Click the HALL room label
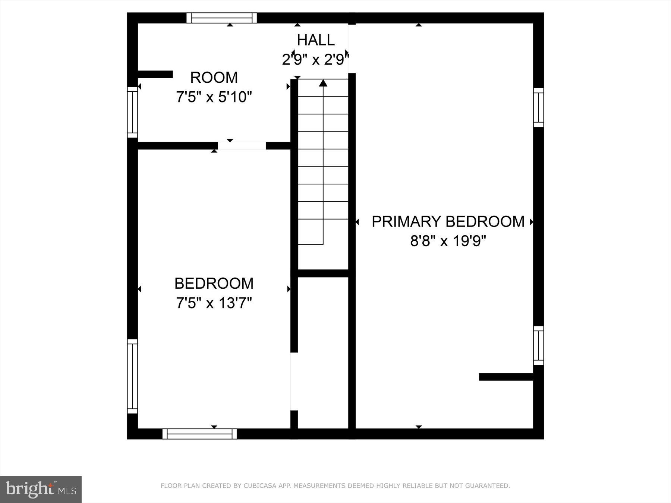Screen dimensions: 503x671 click(x=316, y=40)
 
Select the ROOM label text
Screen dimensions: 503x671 click(x=214, y=77)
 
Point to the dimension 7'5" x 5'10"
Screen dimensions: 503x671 click(x=214, y=97)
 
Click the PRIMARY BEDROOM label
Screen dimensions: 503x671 click(x=448, y=221)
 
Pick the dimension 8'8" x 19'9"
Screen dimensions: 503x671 click(x=448, y=241)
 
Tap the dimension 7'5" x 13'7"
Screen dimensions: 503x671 click(x=214, y=303)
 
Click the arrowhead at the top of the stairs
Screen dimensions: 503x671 click(x=323, y=83)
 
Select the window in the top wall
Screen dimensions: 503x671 click(x=222, y=18)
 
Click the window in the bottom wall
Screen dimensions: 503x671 click(x=199, y=434)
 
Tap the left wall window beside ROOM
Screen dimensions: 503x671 click(x=132, y=112)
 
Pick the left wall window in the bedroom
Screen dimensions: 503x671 click(x=132, y=376)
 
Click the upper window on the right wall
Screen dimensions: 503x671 click(x=538, y=108)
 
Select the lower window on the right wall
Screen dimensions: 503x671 click(x=538, y=345)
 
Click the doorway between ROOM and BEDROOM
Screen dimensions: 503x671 click(x=242, y=146)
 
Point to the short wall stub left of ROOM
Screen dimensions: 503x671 click(x=155, y=74)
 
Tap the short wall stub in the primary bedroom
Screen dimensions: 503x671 click(x=506, y=377)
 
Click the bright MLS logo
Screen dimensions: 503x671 click(x=41, y=489)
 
